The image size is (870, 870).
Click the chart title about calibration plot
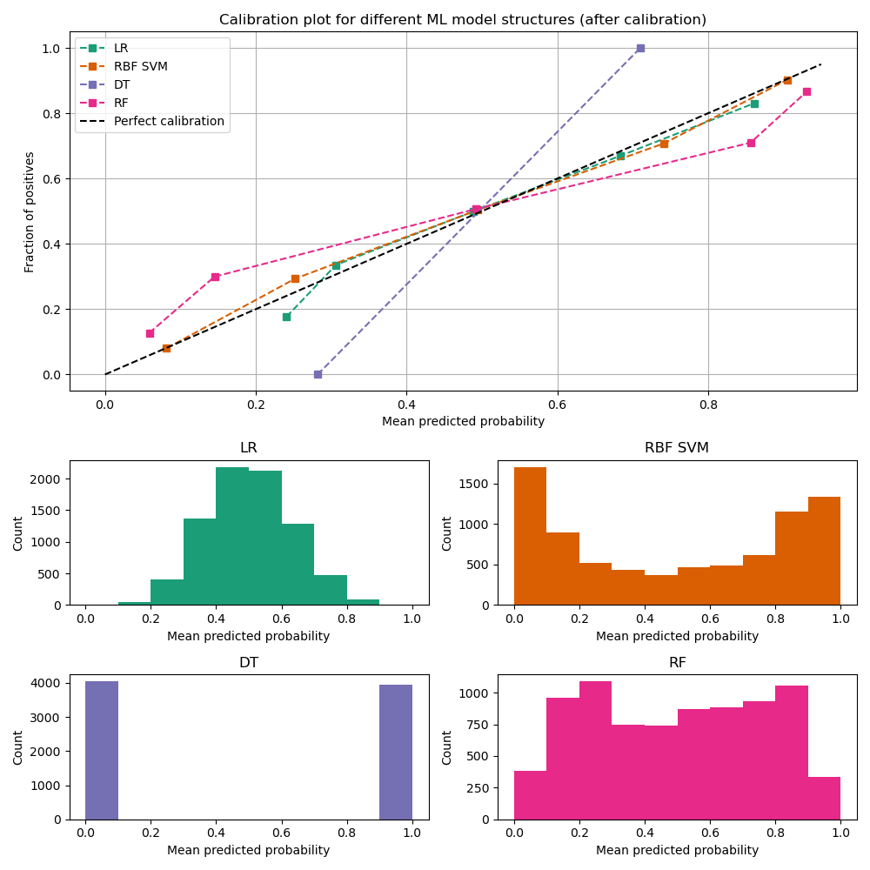tap(462, 19)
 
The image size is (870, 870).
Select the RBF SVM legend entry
tap(140, 66)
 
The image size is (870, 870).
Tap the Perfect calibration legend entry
tap(169, 121)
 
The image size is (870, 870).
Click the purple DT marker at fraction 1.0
tap(640, 48)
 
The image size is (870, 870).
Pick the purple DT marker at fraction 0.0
tap(318, 374)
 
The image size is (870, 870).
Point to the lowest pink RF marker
tap(150, 333)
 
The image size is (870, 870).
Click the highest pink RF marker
tap(806, 91)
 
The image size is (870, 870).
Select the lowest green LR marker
tap(286, 317)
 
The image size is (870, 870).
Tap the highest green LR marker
tap(754, 104)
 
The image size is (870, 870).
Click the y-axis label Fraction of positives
tap(30, 211)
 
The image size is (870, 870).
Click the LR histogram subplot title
tap(249, 448)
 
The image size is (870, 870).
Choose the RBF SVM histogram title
tap(677, 448)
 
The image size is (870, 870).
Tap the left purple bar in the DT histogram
tap(102, 750)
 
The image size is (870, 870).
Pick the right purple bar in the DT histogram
tap(396, 752)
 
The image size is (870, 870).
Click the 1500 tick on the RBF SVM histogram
tap(479, 484)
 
